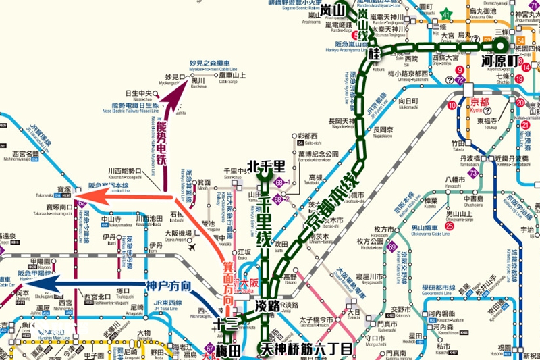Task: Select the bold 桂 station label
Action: [376, 53]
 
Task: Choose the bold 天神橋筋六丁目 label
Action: [306, 350]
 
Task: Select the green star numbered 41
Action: [446, 14]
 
